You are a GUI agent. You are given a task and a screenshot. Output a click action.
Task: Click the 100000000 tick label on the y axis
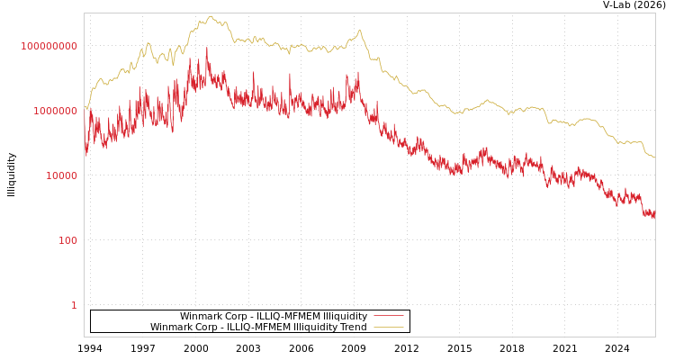49,46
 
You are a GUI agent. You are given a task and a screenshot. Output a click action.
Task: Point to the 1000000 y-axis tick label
55,111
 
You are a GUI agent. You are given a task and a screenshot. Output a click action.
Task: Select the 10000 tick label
61,175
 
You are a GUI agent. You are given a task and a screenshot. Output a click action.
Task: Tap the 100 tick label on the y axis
67,240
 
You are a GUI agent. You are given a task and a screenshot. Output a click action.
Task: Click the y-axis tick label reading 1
74,305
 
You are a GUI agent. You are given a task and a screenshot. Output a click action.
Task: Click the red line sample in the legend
388,316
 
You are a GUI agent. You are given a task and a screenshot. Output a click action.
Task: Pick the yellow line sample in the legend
388,327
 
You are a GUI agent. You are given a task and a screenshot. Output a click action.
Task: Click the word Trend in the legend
351,327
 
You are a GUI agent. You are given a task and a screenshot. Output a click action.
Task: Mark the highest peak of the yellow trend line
210,16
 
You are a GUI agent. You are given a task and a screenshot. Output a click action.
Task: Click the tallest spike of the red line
207,48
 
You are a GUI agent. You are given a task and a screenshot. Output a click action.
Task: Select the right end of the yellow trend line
654,157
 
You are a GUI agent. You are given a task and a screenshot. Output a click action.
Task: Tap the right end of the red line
654,216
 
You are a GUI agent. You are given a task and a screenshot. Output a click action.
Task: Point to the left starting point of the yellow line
85,107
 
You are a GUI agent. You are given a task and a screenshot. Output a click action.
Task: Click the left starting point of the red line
85,144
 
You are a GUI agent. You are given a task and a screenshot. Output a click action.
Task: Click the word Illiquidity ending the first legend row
345,316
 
